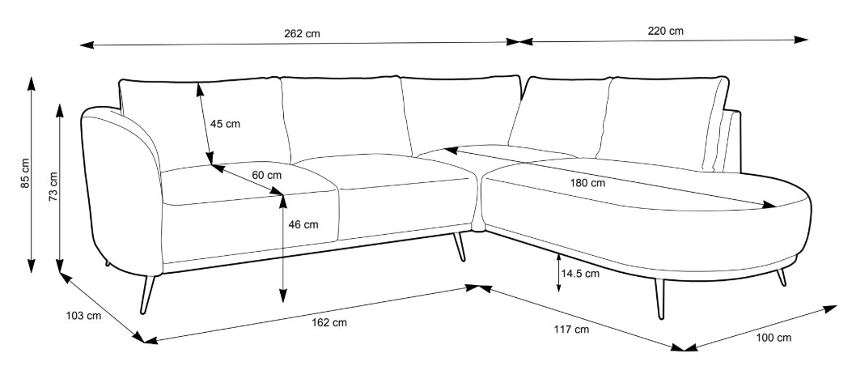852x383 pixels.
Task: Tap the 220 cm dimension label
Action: pos(665,32)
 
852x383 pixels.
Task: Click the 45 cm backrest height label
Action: pos(225,124)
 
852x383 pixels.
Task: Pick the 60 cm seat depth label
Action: pos(266,175)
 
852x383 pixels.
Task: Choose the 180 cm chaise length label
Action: pos(587,183)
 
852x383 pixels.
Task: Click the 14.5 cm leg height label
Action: pos(580,273)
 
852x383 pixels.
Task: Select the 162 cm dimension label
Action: pos(329,322)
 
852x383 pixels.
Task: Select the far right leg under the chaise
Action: pos(781,277)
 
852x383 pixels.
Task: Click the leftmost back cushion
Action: pos(202,121)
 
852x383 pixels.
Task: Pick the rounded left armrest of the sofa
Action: pos(121,186)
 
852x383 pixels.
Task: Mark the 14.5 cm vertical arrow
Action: pos(559,273)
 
